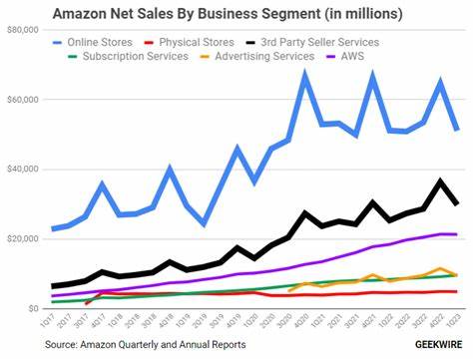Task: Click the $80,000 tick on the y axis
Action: pyautogui.click(x=23, y=31)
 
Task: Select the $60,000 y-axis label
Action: pyautogui.click(x=23, y=101)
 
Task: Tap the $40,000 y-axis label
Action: pyautogui.click(x=23, y=170)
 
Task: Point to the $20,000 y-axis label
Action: pyautogui.click(x=23, y=239)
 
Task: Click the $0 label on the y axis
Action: pyautogui.click(x=33, y=309)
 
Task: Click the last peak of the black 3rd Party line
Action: pyautogui.click(x=440, y=181)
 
